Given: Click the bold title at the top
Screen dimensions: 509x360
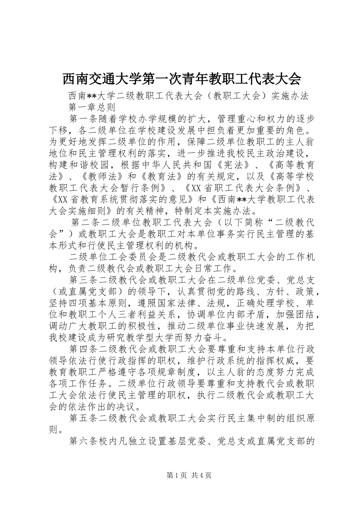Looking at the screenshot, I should point(181,79).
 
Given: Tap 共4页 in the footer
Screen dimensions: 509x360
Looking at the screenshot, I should point(201,476).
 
